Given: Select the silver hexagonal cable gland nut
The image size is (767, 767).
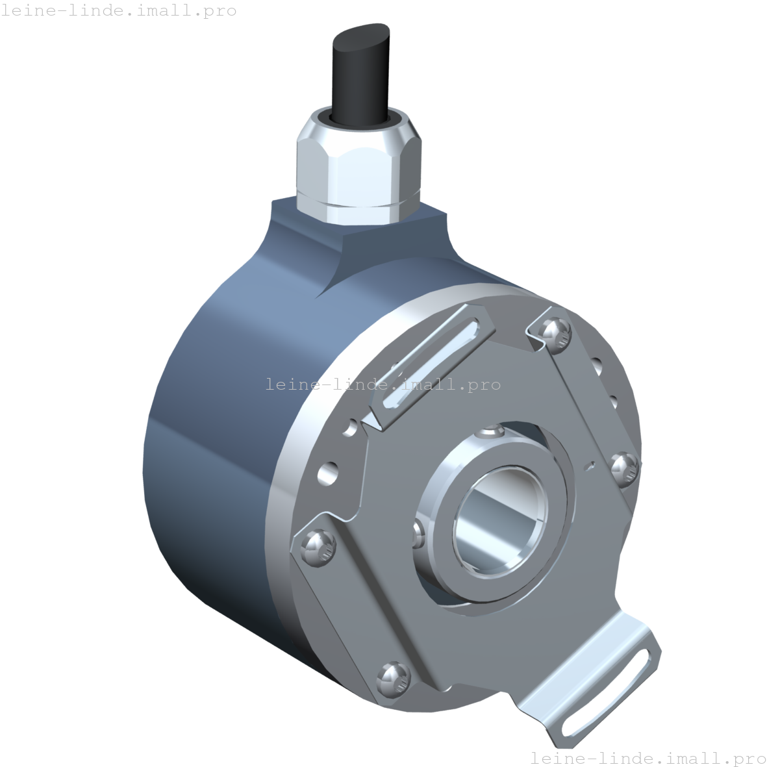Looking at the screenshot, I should point(359,170).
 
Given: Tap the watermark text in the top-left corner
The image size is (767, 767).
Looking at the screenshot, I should point(119,11).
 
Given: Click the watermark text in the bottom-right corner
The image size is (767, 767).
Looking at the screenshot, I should point(648,758).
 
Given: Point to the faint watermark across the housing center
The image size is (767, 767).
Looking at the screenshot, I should point(383,384).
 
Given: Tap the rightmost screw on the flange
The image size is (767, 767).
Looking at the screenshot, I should point(625,467).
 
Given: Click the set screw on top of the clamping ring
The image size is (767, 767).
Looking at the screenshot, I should point(492,433).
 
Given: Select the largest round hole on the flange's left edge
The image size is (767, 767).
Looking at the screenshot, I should point(329,472).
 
